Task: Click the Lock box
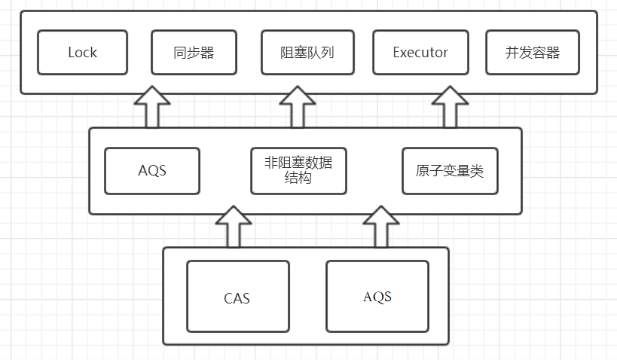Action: coord(83,53)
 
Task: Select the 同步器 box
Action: coord(194,53)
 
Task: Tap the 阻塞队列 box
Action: coord(307,53)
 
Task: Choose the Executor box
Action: coord(420,53)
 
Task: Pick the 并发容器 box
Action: coord(533,53)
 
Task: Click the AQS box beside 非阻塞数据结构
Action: coord(151,171)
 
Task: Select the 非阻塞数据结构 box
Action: coord(298,171)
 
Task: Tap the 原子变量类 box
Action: coord(449,171)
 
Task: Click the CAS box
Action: coord(237,297)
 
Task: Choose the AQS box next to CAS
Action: coord(377,297)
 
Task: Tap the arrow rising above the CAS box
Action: coord(233,228)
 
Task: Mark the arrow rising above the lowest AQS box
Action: coord(381,228)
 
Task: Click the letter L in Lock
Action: coord(72,53)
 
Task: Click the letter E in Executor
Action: coord(397,53)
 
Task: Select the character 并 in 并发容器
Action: coord(512,53)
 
